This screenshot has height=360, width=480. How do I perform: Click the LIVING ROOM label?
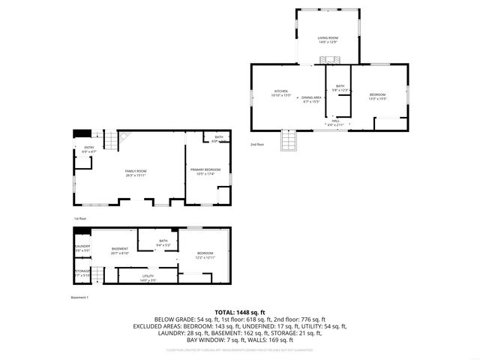pyautogui.click(x=327, y=37)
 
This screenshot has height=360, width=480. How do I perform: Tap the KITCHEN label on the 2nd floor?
pyautogui.click(x=280, y=91)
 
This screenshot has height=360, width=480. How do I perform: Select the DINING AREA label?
pyautogui.click(x=312, y=97)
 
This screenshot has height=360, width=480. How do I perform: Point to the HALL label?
pyautogui.click(x=336, y=120)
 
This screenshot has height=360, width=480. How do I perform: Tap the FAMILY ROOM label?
pyautogui.click(x=136, y=172)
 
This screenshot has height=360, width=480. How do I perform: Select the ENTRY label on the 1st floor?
pyautogui.click(x=88, y=148)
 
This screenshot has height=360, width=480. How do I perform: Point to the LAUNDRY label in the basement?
pyautogui.click(x=82, y=246)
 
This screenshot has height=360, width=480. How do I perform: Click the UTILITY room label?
pyautogui.click(x=148, y=277)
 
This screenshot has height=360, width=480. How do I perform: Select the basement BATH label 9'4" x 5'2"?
pyautogui.click(x=163, y=241)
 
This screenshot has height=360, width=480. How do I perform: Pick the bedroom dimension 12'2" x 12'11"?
pyautogui.click(x=205, y=257)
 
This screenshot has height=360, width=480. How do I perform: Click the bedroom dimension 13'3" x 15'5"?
pyautogui.click(x=377, y=98)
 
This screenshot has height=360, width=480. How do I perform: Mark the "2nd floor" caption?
pyautogui.click(x=257, y=144)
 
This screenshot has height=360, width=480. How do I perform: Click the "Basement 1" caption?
pyautogui.click(x=80, y=298)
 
